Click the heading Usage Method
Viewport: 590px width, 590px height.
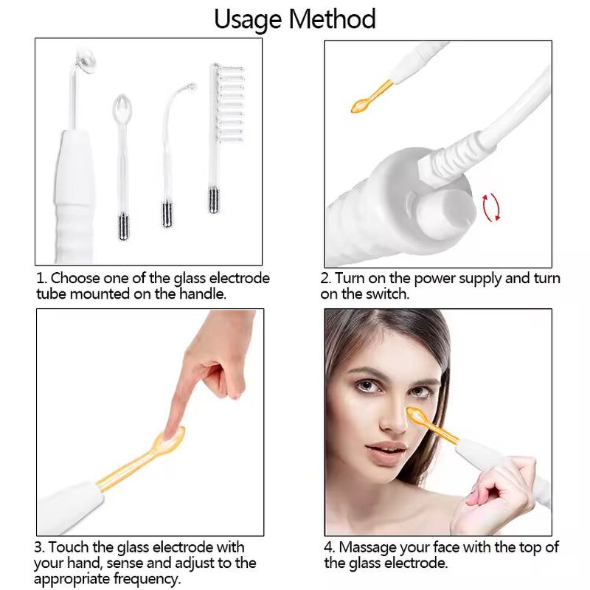[x=295, y=19]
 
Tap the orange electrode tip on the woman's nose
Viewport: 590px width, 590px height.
[x=415, y=415]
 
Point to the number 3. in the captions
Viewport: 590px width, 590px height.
[x=41, y=547]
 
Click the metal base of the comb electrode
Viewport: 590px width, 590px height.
[x=214, y=199]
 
